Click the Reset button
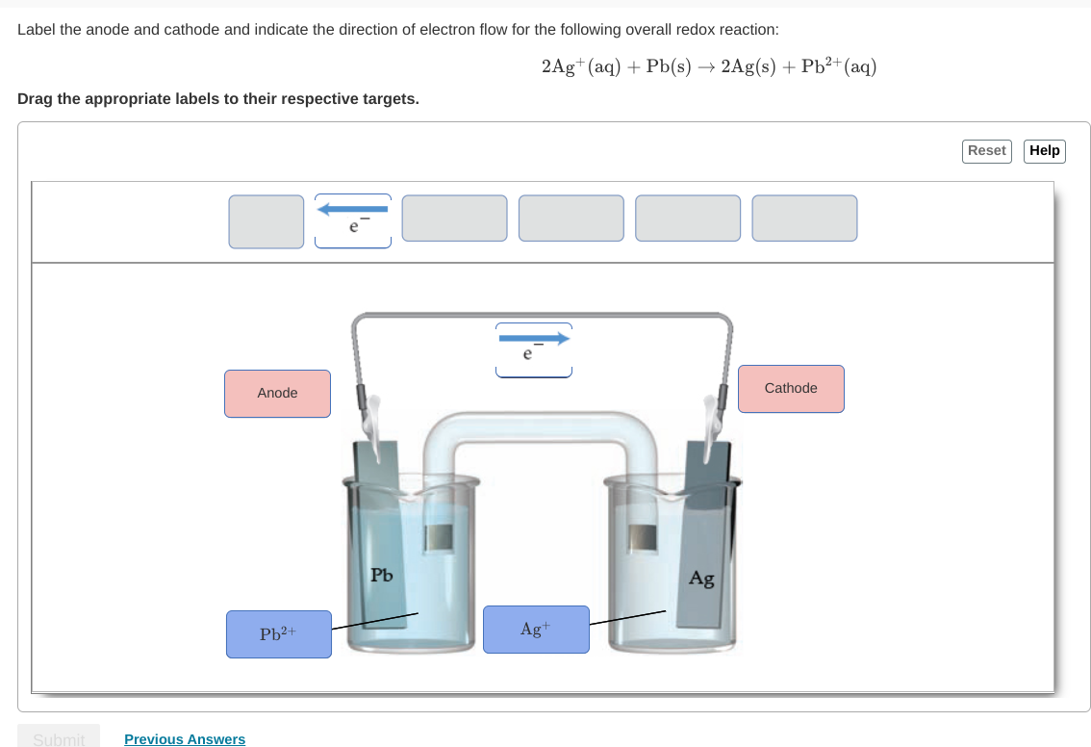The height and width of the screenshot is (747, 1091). tap(986, 150)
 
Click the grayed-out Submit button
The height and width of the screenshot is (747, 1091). tap(59, 738)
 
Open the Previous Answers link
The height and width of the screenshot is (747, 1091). tap(185, 739)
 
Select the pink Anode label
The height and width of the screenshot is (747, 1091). tap(277, 394)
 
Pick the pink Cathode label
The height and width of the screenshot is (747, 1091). tap(791, 389)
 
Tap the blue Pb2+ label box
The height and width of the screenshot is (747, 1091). tap(279, 634)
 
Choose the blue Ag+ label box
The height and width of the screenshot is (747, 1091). tap(536, 630)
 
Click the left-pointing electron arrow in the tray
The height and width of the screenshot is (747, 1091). tap(352, 219)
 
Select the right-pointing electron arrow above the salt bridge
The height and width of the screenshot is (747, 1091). tap(534, 349)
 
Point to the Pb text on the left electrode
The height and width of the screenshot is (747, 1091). tap(382, 576)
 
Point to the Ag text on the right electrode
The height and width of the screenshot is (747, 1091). tap(701, 579)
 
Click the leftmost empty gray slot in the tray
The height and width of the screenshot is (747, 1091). tap(266, 221)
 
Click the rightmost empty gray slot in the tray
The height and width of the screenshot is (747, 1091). tap(804, 219)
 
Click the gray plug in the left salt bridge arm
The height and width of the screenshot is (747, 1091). tap(440, 537)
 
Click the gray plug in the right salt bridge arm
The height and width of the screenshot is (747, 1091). tap(642, 537)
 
